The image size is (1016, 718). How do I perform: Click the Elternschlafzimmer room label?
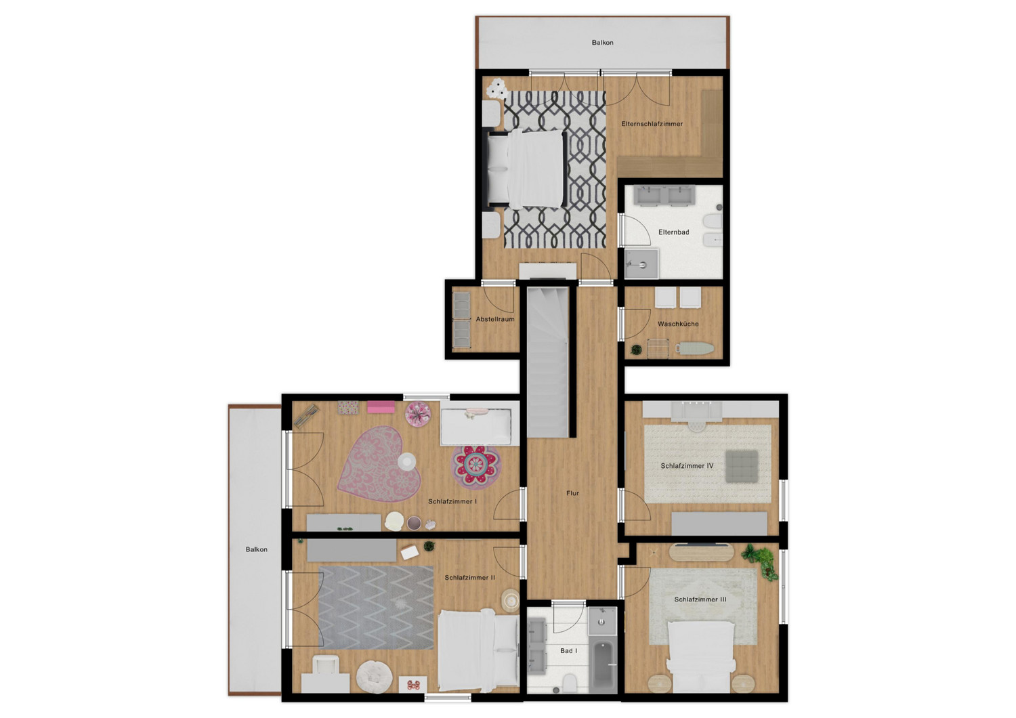652,124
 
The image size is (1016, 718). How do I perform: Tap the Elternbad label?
673,232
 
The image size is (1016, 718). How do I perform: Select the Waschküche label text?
678,324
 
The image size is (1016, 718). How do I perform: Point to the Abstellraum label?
495,319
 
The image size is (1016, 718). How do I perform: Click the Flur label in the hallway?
572,493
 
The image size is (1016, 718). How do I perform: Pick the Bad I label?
569,651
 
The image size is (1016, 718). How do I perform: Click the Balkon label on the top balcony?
602,43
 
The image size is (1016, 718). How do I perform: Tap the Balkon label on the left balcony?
256,549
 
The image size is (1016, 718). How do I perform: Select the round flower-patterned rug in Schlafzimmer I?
475,467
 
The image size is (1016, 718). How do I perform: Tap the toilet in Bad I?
569,681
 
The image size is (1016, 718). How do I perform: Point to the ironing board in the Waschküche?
694,348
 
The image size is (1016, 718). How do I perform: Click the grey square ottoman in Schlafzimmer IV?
742,466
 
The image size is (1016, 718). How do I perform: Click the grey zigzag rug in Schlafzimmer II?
376,608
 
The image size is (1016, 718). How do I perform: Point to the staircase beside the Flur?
547,362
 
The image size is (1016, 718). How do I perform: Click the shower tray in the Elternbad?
641,263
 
